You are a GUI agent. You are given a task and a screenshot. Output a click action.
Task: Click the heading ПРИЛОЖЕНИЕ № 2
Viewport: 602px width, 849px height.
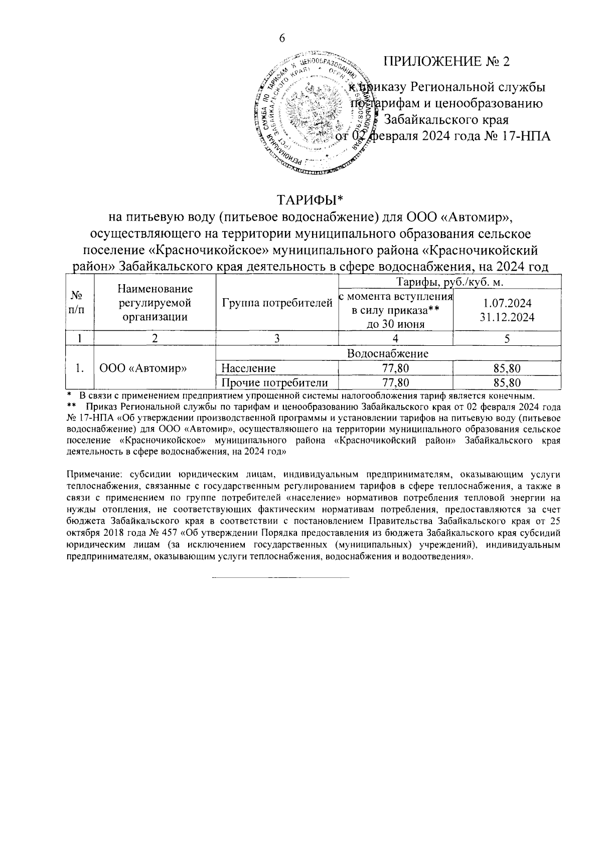coord(446,62)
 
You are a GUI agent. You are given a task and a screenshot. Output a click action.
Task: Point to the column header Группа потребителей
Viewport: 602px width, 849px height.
coord(277,303)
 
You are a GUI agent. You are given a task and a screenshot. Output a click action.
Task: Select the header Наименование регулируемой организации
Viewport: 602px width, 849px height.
coord(155,303)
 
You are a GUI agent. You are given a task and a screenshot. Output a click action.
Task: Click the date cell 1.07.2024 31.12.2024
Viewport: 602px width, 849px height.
coord(507,310)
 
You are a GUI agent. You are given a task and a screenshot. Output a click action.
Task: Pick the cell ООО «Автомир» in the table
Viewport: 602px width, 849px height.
coord(143,369)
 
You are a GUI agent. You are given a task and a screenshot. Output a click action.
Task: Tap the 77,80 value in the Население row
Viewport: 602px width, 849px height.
coord(395,369)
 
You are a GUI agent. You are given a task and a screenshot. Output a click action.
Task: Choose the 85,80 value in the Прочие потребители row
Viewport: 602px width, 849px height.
coord(507,383)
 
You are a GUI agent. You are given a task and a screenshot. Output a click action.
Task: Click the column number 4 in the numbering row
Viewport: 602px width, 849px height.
coord(395,339)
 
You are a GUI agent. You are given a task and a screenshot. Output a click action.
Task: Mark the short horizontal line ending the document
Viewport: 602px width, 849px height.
coord(280,578)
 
